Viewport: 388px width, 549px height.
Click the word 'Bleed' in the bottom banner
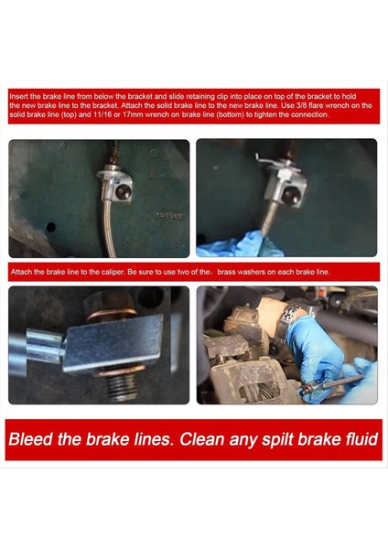click(30, 438)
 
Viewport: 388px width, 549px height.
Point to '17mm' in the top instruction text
click(130, 114)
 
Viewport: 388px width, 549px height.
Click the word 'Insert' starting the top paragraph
click(19, 96)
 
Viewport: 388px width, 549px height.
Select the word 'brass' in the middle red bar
click(226, 272)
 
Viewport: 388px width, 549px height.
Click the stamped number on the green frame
click(169, 216)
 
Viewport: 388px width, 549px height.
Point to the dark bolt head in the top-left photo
click(124, 192)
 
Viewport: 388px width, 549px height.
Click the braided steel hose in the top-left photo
click(109, 228)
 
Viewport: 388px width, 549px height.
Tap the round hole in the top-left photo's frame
click(50, 227)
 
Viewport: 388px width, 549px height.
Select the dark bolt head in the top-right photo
click(290, 195)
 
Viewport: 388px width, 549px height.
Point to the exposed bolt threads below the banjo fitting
click(122, 386)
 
